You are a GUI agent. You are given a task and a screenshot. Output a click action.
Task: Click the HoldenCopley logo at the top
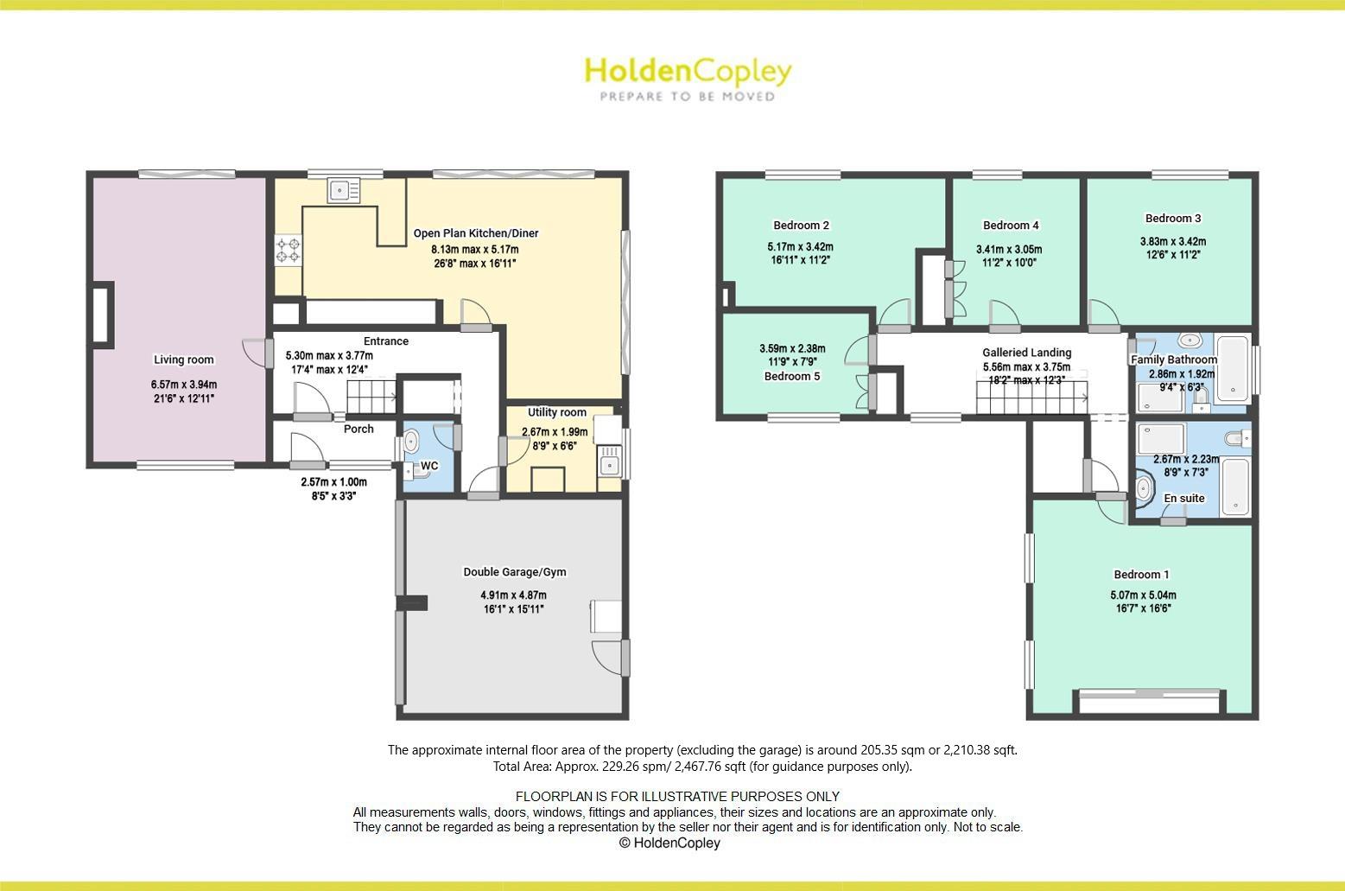click(688, 77)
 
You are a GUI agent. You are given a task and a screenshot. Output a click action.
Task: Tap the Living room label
click(184, 360)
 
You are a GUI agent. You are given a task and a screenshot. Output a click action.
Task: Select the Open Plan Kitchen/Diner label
click(476, 233)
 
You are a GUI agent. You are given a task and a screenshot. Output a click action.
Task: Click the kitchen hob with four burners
click(289, 250)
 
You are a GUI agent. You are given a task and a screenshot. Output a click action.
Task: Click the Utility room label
click(557, 412)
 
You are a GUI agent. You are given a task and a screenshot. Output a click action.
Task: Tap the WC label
click(429, 466)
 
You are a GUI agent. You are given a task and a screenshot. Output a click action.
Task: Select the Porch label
click(359, 429)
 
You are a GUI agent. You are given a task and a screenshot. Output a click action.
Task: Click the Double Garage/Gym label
click(515, 572)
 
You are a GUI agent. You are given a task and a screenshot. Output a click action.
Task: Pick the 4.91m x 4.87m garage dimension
click(514, 595)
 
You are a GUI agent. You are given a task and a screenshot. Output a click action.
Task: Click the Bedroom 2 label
click(801, 226)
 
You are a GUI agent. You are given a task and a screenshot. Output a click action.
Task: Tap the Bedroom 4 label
click(1011, 226)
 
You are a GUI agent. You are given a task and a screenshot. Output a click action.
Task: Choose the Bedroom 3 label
click(1173, 219)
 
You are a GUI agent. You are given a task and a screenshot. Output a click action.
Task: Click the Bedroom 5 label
click(792, 376)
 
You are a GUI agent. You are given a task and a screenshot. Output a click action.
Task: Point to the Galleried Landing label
click(1026, 353)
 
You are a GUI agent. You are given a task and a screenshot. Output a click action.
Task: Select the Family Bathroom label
click(1174, 360)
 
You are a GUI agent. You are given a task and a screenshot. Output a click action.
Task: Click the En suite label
click(1183, 498)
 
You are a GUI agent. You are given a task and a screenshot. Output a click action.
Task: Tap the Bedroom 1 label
click(1141, 575)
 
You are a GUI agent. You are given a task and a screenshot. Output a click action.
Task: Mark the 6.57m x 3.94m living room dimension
click(184, 385)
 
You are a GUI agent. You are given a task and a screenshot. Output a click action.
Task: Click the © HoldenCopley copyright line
click(669, 843)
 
